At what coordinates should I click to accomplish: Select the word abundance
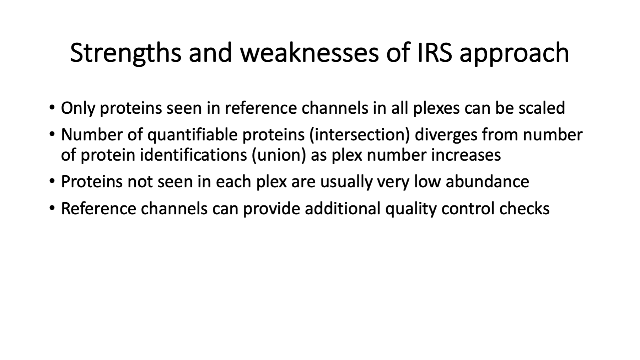pos(487,182)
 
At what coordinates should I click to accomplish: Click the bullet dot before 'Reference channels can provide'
pos(52,209)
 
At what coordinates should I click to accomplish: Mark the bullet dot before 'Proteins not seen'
pos(52,182)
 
